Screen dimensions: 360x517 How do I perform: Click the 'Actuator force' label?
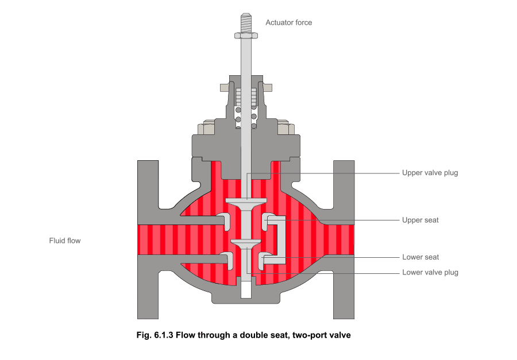pos(288,22)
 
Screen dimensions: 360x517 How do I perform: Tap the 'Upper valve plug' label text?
pos(430,173)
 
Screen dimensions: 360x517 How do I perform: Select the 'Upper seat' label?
pos(420,220)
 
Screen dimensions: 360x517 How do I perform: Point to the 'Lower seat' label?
pos(420,257)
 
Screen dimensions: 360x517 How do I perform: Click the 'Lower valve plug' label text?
pos(430,272)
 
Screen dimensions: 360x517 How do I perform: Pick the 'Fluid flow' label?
pos(65,241)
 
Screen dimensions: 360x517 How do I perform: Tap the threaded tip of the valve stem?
pos(246,23)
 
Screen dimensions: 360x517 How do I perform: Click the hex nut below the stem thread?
pos(246,36)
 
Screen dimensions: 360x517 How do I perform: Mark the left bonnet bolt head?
pos(208,127)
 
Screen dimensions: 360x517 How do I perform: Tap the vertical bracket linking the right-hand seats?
pos(282,239)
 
